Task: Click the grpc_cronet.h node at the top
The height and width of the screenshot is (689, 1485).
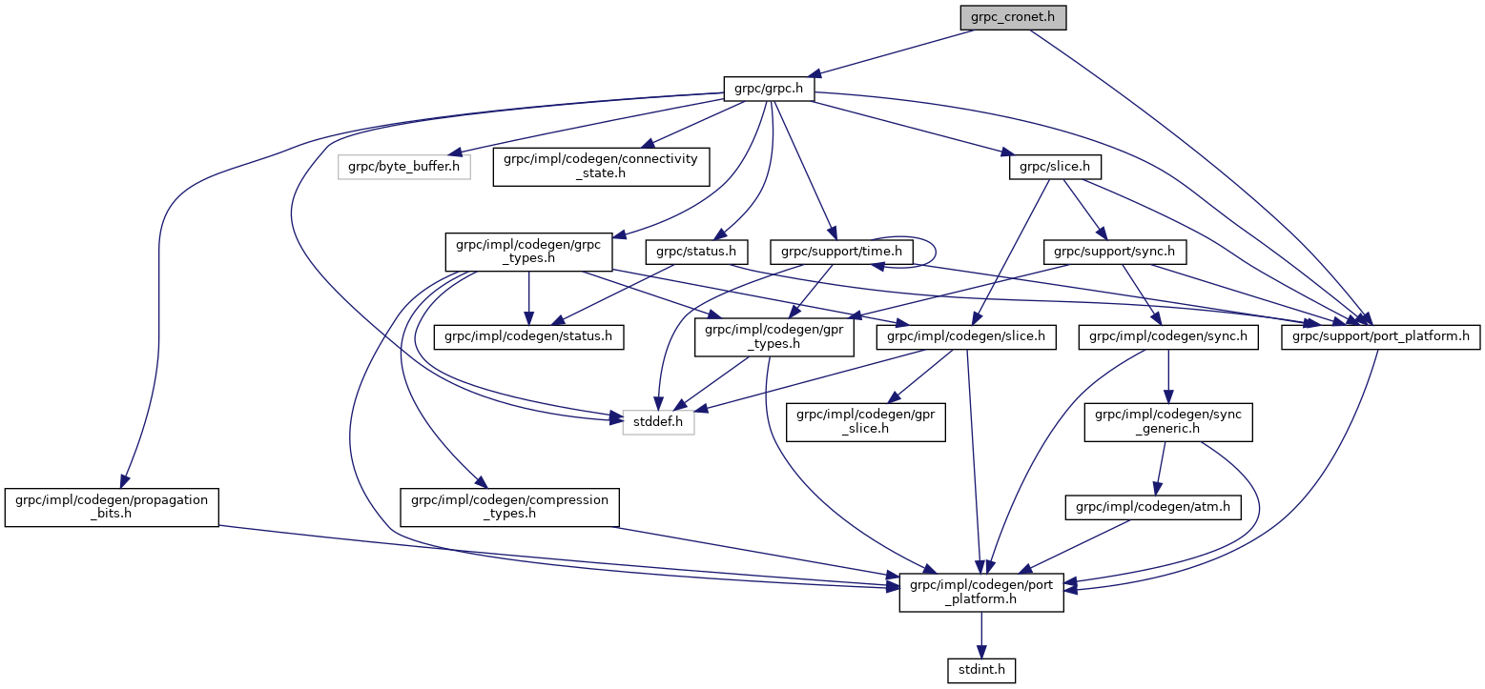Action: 1012,17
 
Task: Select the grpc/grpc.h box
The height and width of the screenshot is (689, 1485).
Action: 769,90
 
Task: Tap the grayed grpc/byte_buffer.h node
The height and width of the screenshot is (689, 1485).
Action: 403,168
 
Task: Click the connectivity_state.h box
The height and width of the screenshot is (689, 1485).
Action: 601,168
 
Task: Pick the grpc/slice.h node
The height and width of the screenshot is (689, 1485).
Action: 1055,168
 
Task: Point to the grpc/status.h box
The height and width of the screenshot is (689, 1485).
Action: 696,252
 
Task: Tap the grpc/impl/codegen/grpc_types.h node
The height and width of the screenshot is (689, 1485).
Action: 527,252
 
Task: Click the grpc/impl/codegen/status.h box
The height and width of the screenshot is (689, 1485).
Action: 528,336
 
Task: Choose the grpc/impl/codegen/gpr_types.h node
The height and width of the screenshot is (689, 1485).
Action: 773,336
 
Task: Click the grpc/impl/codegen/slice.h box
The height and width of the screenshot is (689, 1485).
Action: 966,336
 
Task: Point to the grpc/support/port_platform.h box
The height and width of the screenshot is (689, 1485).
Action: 1379,336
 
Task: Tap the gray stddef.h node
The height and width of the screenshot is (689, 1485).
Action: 658,420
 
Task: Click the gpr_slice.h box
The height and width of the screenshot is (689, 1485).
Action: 865,420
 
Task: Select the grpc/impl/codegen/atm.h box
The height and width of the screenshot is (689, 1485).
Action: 1153,507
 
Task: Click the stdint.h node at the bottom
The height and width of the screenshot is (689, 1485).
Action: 980,671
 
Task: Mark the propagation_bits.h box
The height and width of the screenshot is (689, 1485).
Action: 112,507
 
